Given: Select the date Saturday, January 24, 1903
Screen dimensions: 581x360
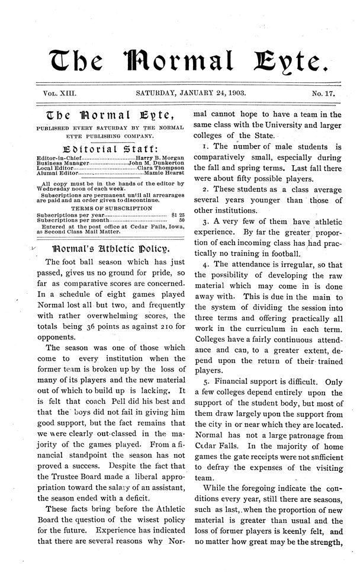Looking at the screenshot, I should (x=191, y=93).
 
